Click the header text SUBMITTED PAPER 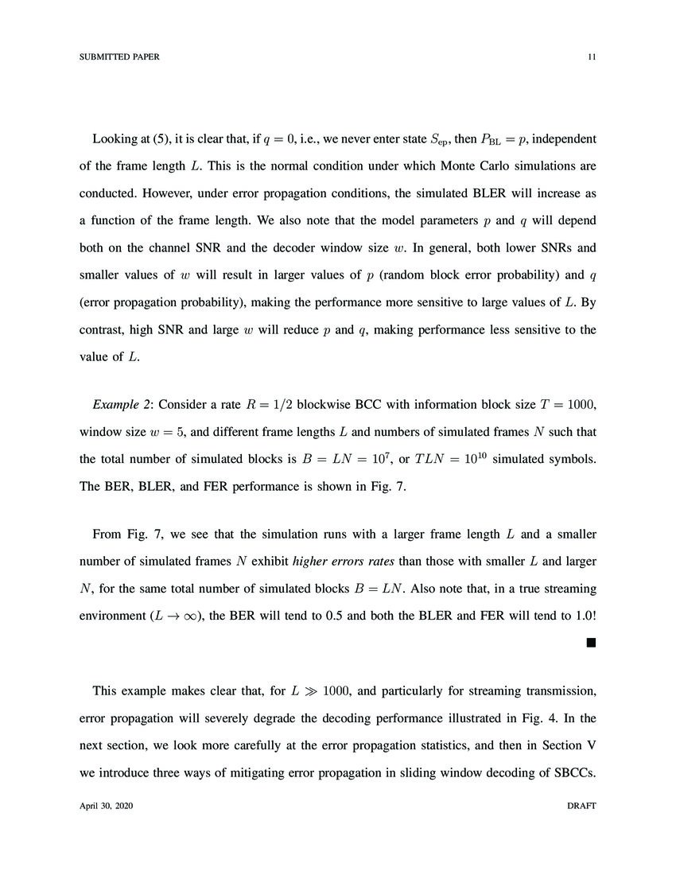tap(119, 57)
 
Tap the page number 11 tap(592, 57)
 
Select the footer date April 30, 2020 tap(107, 806)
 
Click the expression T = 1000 tap(568, 405)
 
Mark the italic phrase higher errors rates tap(344, 562)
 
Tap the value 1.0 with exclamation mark tap(583, 616)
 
